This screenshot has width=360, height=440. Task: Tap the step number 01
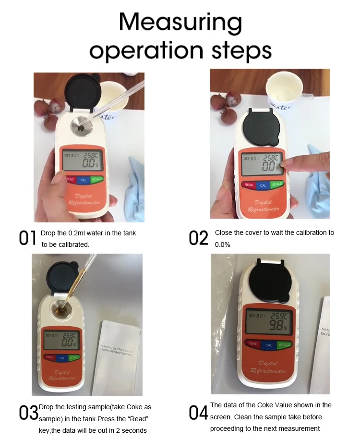click(x=27, y=238)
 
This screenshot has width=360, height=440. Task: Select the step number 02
click(x=199, y=238)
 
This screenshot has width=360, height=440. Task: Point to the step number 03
click(x=28, y=412)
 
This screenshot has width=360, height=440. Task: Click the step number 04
click(x=199, y=412)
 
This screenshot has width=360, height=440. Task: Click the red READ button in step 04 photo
click(x=253, y=344)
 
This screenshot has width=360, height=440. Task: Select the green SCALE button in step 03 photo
click(x=74, y=357)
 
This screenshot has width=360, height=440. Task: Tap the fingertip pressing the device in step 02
click(x=285, y=164)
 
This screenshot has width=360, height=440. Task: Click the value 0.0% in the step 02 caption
click(x=223, y=244)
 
